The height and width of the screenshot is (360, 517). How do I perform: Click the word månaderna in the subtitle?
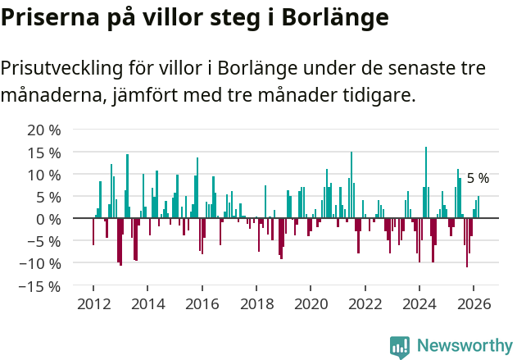pos(51,96)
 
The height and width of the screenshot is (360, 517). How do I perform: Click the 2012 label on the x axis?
pos(93,304)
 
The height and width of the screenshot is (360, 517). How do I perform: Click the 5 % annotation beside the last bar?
pos(478,178)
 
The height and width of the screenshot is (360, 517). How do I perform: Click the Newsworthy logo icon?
pos(400,346)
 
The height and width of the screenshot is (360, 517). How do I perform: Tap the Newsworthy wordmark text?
pos(465,346)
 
